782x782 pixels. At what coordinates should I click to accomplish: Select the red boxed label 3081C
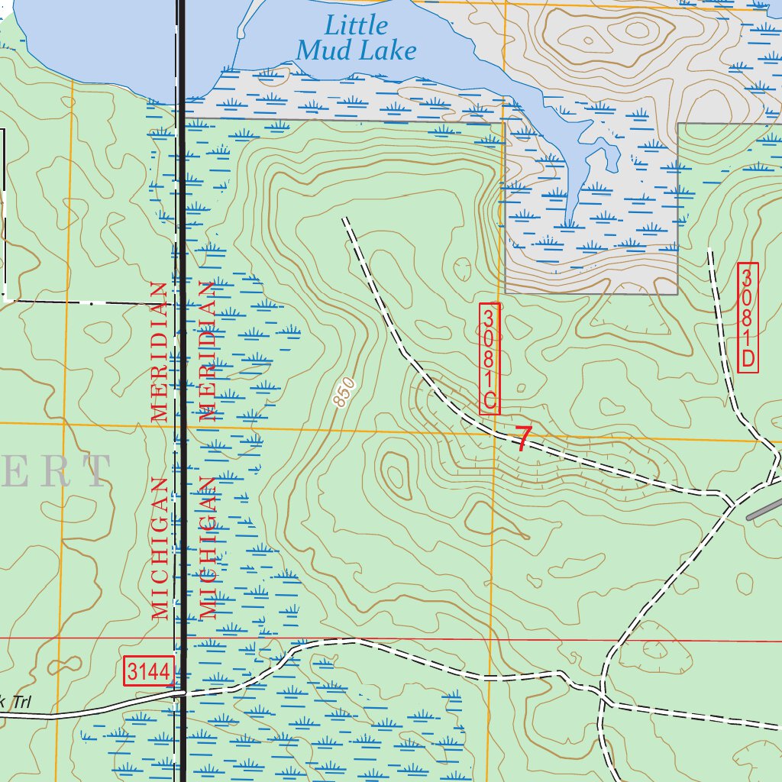(489, 359)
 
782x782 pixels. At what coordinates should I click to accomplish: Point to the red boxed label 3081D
(748, 318)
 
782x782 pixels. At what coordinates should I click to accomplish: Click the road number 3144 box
(148, 672)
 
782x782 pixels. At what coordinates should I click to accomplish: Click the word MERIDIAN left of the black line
(160, 352)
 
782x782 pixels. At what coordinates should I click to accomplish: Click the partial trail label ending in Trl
(17, 703)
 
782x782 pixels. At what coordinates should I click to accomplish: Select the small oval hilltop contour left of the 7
(396, 470)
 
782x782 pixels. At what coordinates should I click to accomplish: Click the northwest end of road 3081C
(345, 218)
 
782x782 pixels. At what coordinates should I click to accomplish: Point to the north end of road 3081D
(710, 250)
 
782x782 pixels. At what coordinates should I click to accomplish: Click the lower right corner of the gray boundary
(677, 293)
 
